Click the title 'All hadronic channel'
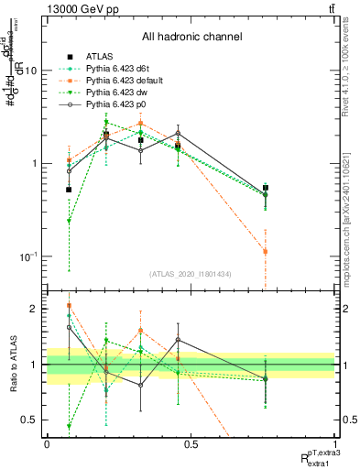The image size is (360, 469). tap(191, 38)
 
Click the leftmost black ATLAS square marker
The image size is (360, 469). tap(69, 190)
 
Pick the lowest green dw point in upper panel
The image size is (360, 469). tap(69, 221)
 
